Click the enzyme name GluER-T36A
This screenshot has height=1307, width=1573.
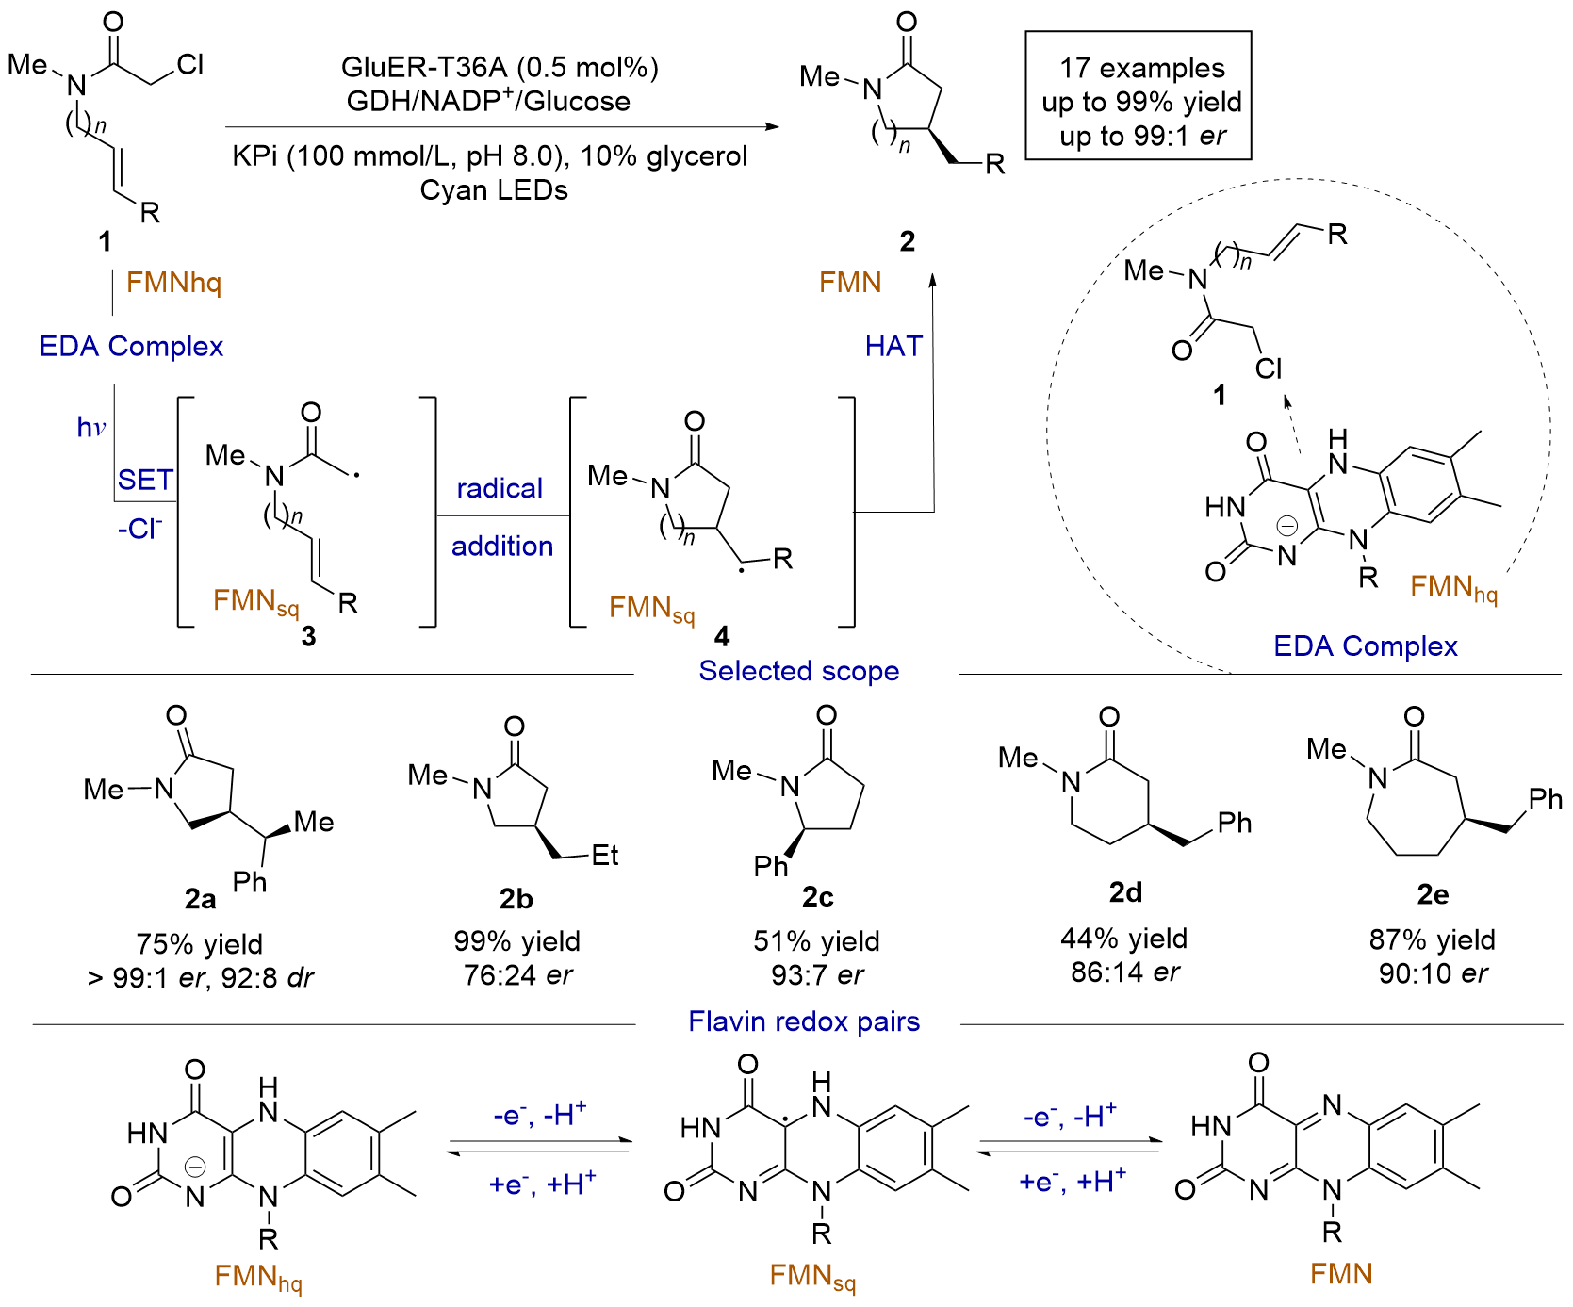point(424,68)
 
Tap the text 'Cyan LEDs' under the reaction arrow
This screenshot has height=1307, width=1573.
point(494,190)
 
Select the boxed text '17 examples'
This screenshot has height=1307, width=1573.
point(1142,68)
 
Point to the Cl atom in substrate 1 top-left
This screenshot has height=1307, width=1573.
point(189,64)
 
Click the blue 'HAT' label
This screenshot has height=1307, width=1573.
point(893,347)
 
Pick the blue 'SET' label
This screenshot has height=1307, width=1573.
point(145,481)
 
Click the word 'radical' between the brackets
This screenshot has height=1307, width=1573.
point(500,488)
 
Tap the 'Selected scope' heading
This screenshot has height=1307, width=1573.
point(799,671)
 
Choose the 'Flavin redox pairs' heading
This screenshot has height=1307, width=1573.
point(804,1021)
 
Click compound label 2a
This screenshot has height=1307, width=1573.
point(200,900)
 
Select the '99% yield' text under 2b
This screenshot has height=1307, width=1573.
point(516,941)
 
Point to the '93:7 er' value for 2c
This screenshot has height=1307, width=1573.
point(817,975)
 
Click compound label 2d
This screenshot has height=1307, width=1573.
point(1125,891)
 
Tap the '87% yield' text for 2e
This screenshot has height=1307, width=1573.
point(1433,939)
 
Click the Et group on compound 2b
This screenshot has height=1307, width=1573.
point(604,856)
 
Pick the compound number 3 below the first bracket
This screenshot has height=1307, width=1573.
point(308,637)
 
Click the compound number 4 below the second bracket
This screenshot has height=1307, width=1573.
point(722,637)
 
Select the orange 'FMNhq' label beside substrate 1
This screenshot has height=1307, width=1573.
point(174,283)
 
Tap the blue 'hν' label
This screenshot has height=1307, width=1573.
point(91,428)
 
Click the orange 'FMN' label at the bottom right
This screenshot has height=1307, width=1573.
point(1341,1274)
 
